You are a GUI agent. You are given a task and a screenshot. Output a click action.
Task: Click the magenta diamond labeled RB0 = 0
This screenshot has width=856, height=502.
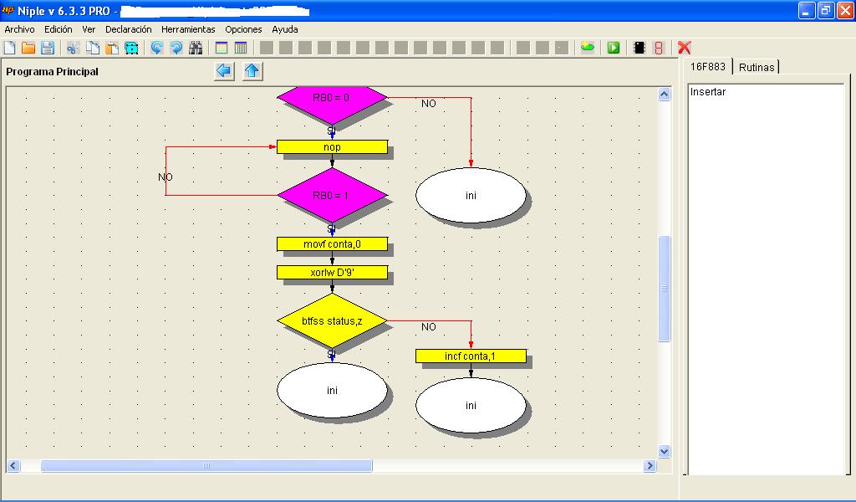[x=332, y=101]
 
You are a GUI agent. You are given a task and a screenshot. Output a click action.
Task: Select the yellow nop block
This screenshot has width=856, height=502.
[x=332, y=147]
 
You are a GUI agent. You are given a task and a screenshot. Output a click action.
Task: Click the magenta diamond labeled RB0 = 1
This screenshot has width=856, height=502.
[x=332, y=195]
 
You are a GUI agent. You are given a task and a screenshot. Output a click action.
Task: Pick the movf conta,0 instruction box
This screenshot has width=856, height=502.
[x=332, y=244]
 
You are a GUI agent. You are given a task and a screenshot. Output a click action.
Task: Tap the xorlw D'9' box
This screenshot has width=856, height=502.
[x=332, y=273]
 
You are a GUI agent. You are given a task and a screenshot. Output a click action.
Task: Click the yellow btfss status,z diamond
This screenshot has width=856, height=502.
[x=332, y=320]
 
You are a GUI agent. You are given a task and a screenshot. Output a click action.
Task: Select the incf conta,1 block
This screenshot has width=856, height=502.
[x=471, y=356]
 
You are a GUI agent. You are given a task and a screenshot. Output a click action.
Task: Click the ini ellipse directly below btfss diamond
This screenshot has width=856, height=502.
[x=332, y=390]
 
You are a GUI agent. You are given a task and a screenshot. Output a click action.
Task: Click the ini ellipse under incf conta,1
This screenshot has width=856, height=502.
[x=471, y=405]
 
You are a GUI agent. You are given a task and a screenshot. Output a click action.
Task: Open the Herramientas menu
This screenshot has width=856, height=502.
[x=188, y=29]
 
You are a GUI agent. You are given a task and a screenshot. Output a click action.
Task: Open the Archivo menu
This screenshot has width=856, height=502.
[x=20, y=29]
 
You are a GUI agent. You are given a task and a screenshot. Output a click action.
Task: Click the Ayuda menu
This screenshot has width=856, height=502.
[x=285, y=29]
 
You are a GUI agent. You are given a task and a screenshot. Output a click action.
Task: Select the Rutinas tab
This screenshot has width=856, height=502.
[x=757, y=67]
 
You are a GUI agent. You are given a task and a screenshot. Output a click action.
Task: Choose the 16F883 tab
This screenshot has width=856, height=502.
[x=707, y=67]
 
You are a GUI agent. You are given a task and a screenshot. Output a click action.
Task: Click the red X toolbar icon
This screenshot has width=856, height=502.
[x=684, y=48]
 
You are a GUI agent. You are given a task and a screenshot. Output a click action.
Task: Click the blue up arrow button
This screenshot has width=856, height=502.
[x=252, y=71]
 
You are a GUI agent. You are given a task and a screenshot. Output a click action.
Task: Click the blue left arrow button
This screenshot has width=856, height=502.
[x=224, y=71]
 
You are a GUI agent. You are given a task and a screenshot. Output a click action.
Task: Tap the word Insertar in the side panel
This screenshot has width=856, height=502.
[x=708, y=92]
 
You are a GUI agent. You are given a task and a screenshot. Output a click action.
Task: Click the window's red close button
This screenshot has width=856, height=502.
[x=844, y=10]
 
